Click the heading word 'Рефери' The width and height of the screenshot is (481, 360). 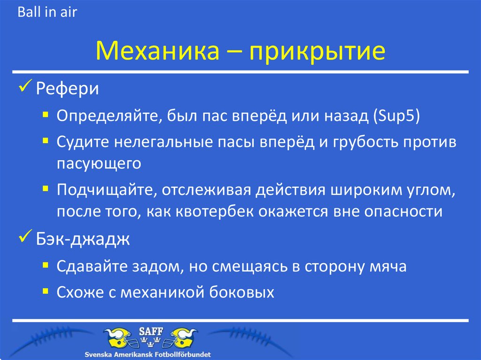68,89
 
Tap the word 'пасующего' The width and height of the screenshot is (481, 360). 99,163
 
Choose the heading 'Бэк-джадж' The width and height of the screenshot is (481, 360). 82,240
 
